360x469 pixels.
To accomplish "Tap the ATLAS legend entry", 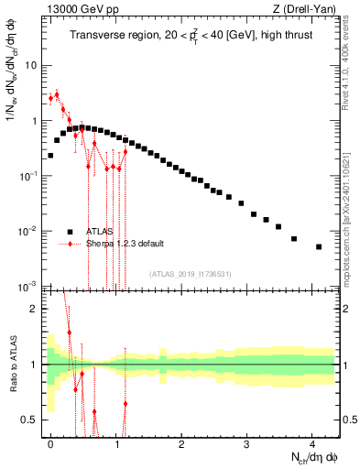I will [98, 232].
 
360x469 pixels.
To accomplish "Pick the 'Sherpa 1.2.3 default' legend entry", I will [125, 244].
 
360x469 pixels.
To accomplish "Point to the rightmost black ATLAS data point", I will [319, 246].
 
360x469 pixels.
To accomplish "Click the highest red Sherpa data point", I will [57, 94].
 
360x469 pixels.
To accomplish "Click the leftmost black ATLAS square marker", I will [50, 156].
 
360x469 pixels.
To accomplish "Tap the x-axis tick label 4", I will [312, 442].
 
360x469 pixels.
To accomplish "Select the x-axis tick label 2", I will [181, 442].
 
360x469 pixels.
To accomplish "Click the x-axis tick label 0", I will [50, 442].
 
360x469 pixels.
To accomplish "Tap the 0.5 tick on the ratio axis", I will [31, 420].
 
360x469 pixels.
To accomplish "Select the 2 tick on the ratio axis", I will [35, 309].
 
